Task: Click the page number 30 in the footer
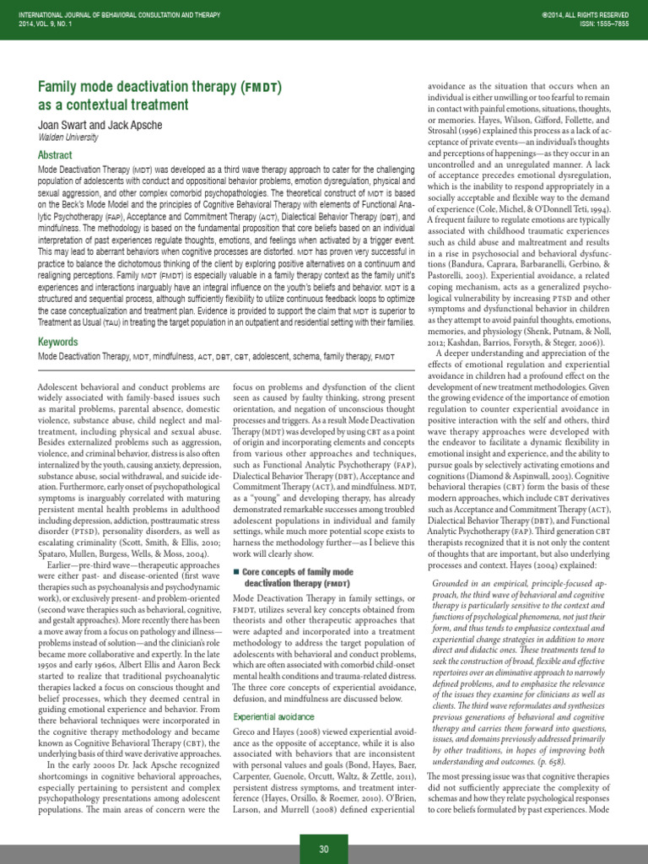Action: [x=323, y=850]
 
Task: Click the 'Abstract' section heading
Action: [x=56, y=155]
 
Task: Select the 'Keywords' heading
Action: [x=58, y=342]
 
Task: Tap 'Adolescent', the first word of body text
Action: [x=62, y=385]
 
